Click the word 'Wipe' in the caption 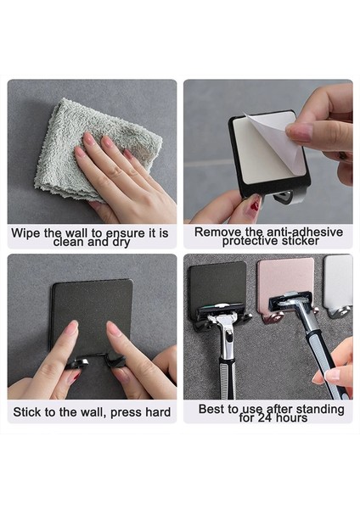[25, 233]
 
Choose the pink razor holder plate [285, 283]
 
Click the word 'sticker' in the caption [301, 241]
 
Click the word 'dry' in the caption [121, 242]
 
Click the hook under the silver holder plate [340, 312]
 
